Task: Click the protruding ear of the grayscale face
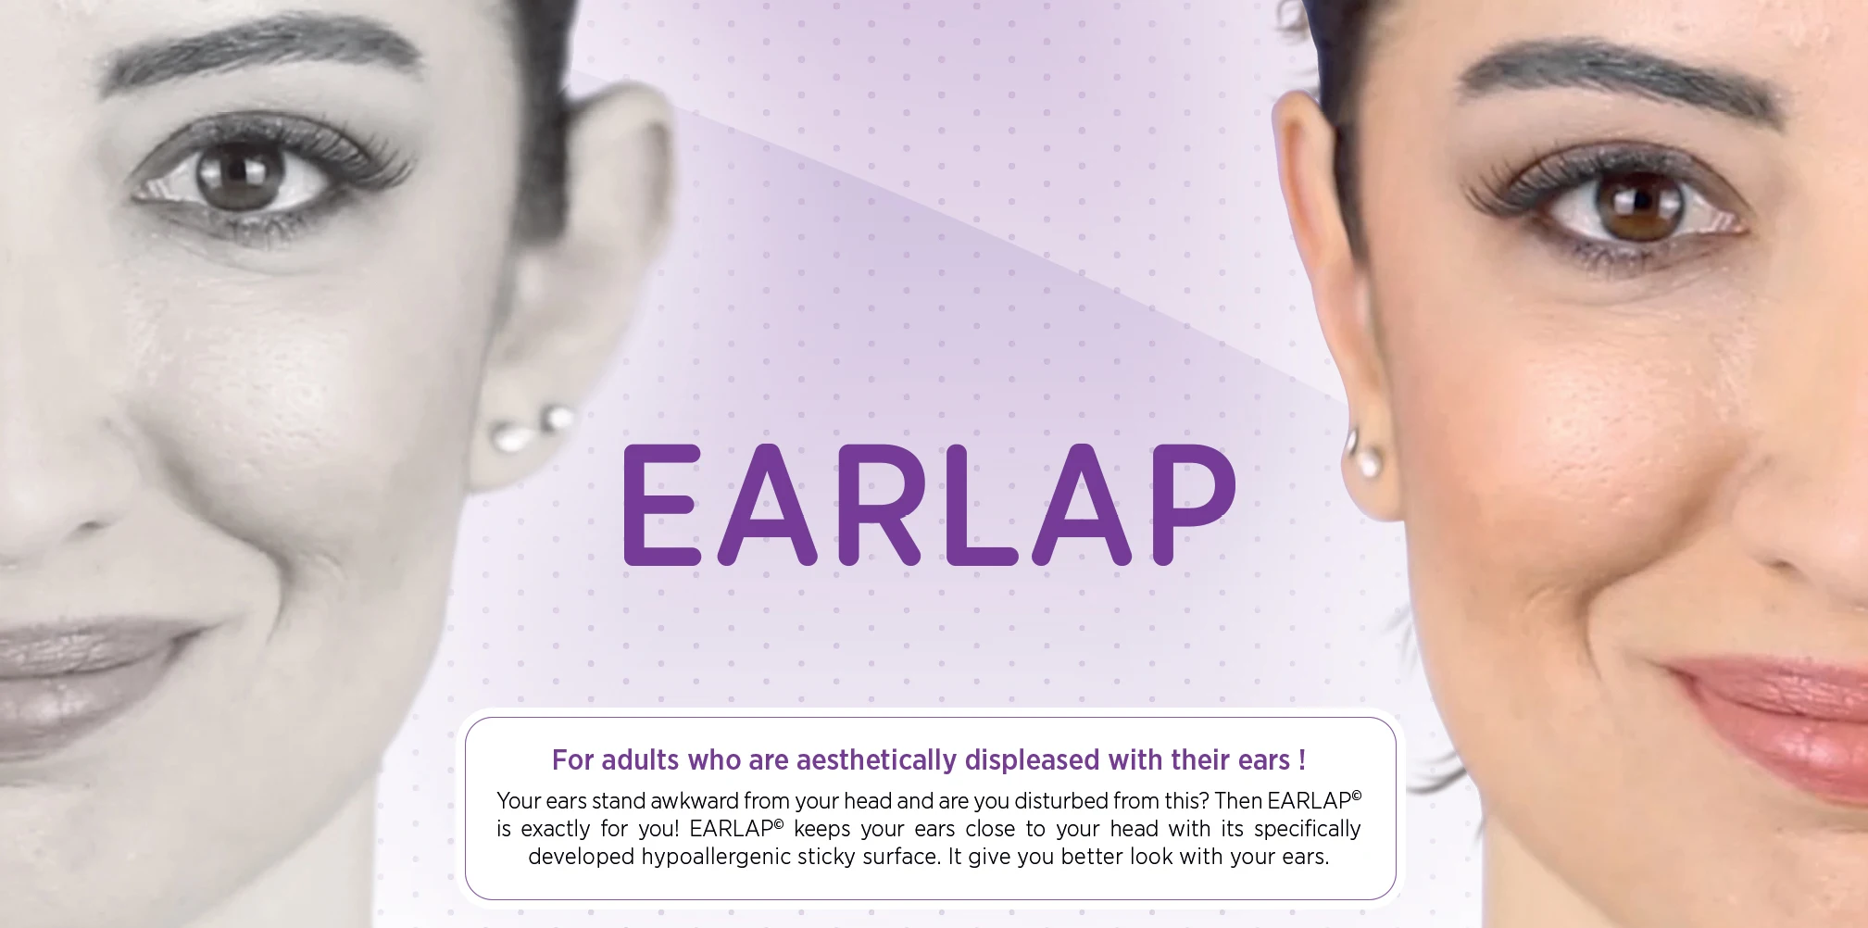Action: pyautogui.click(x=574, y=278)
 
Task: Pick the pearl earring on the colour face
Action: pyautogui.click(x=1363, y=454)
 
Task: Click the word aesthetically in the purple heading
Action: pyautogui.click(x=876, y=761)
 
